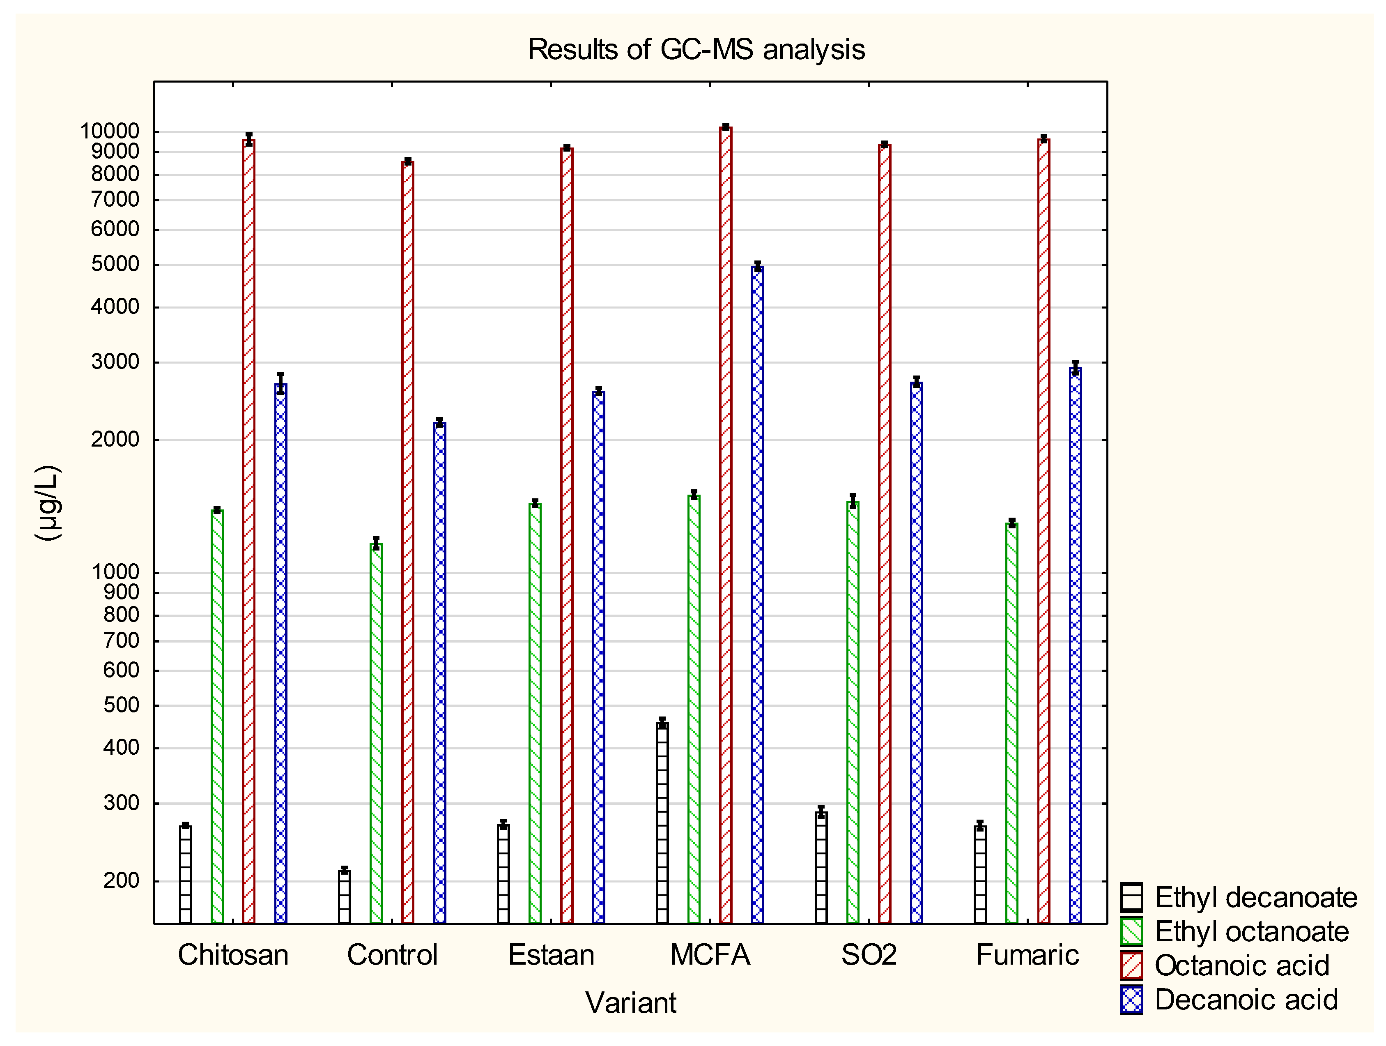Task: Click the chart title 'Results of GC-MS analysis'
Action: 696,50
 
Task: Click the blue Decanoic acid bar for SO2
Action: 916,652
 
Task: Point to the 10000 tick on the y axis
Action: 110,131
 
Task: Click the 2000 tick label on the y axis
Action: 115,439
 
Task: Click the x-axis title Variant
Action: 630,1002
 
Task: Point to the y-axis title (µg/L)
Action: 48,502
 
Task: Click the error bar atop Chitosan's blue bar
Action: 281,383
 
